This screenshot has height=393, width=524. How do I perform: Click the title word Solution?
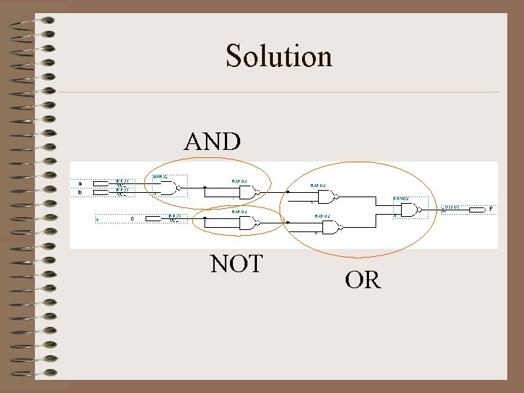click(279, 56)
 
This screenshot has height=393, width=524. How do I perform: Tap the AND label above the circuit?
click(213, 141)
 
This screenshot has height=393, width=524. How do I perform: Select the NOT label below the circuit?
click(236, 263)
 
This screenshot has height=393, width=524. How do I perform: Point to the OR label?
click(362, 279)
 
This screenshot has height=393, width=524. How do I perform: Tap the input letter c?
click(132, 218)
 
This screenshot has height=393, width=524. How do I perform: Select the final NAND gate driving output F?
click(409, 210)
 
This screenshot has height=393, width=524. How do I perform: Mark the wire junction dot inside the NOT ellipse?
click(205, 219)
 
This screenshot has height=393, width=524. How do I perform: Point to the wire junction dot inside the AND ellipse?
click(205, 188)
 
